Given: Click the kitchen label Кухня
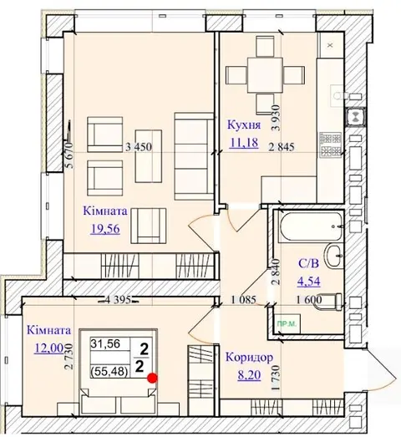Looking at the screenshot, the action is [244, 125].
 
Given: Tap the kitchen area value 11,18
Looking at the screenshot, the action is [244, 143].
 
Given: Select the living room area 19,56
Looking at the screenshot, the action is [105, 229].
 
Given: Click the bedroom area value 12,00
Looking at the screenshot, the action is [48, 348].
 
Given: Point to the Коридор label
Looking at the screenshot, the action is [249, 358].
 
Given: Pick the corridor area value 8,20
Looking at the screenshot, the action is [249, 375].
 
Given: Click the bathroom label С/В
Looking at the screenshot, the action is [308, 263].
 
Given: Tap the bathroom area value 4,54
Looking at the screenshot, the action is [308, 282].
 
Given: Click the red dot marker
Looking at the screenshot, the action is [152, 378].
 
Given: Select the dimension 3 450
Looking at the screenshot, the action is [139, 147].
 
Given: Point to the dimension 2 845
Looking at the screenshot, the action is [282, 147].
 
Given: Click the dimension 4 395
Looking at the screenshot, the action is [118, 300].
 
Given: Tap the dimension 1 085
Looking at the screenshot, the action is [244, 300].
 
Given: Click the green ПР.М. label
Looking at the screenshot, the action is [287, 324].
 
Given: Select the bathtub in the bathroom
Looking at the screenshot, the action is [310, 227].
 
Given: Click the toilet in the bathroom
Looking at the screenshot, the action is [328, 302].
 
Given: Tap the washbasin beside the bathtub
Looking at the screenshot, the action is [333, 256].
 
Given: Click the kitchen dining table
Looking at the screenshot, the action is [265, 75].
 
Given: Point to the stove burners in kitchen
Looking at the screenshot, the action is [331, 145].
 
